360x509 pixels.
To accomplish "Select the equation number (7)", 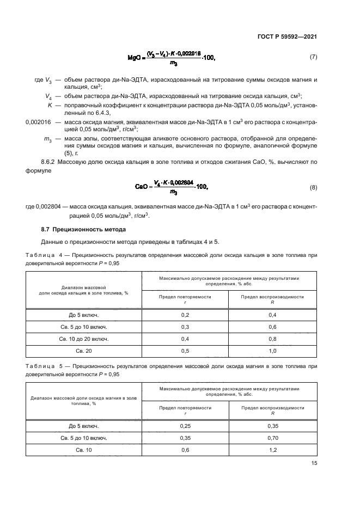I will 313,57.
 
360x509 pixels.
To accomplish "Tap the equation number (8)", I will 313,188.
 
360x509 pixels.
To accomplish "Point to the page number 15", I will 314,464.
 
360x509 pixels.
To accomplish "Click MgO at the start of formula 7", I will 135,57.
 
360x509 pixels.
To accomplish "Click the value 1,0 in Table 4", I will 272,351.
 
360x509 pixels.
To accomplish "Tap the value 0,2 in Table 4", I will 185,315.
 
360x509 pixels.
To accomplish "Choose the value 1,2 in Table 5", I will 272,450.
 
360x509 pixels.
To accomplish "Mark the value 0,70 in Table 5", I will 272,438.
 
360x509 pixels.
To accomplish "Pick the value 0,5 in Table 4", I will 185,351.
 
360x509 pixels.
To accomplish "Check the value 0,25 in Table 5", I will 185,426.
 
